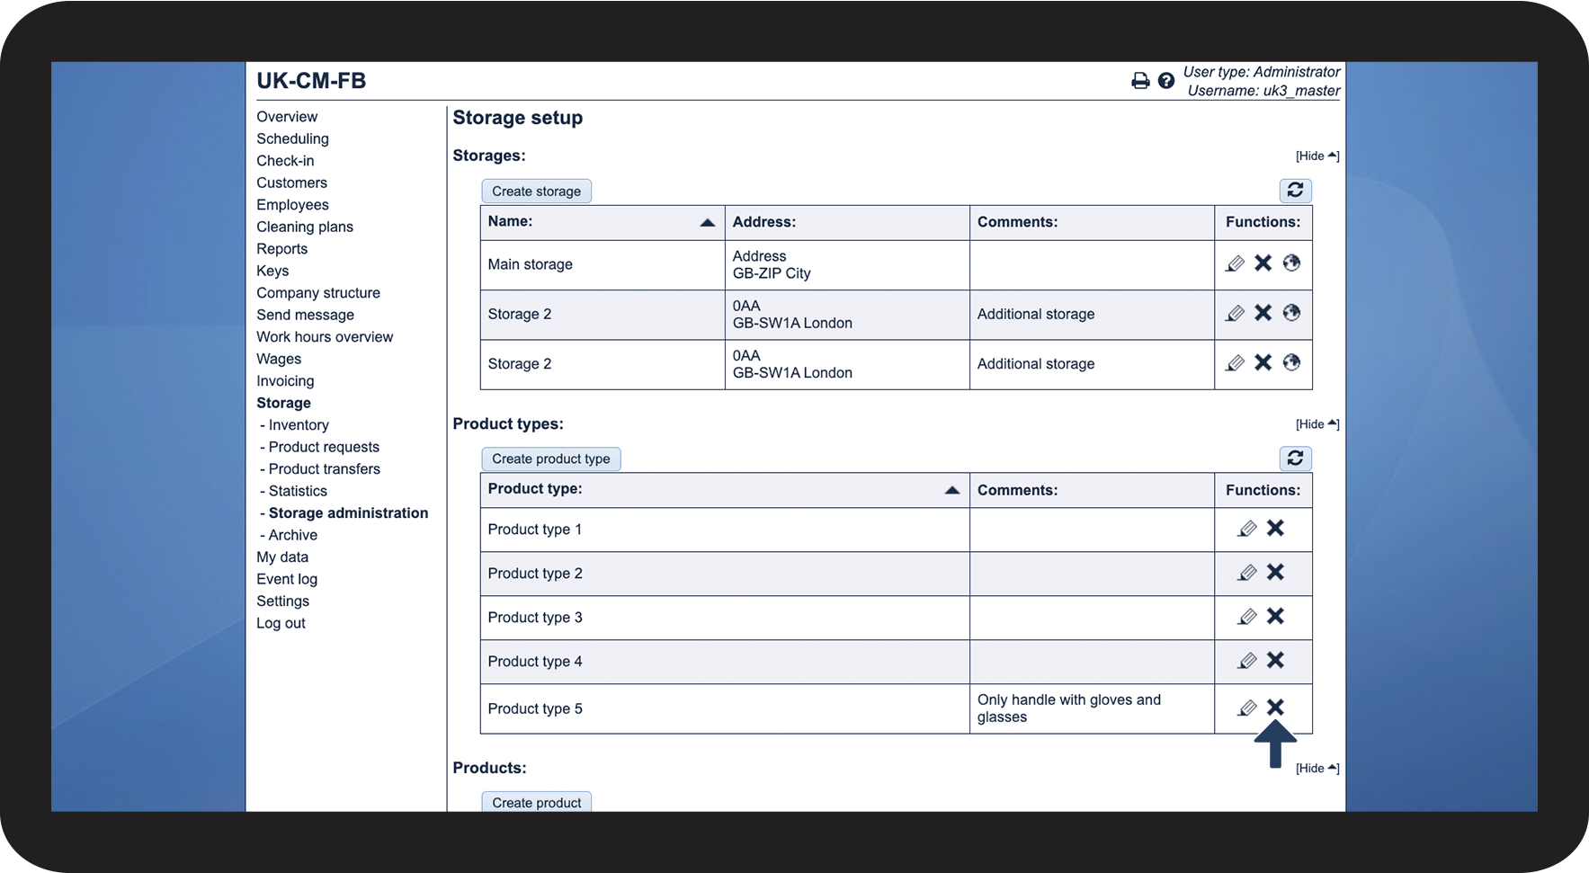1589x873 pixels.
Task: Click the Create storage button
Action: (536, 192)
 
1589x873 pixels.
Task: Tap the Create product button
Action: (536, 802)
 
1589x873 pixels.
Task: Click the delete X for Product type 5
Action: (1275, 708)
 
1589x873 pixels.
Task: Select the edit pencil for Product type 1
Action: (1246, 529)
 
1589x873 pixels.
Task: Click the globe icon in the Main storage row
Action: (1291, 263)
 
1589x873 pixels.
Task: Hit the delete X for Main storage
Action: (1263, 263)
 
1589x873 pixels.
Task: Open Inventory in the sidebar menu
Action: (299, 425)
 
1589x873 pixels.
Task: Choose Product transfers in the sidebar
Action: (324, 469)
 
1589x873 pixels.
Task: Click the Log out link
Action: (281, 623)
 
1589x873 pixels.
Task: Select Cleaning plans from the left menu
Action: (305, 227)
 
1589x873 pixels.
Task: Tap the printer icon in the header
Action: (1140, 81)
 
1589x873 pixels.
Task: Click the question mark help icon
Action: (1166, 81)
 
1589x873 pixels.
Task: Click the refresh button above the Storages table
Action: (1295, 191)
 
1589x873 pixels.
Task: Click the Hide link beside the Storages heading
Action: (1317, 156)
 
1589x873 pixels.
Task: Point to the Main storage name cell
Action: (530, 264)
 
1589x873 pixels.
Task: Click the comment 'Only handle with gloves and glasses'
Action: (1068, 708)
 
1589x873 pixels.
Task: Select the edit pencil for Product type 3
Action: (1246, 617)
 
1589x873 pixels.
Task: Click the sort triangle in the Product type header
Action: (951, 490)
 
